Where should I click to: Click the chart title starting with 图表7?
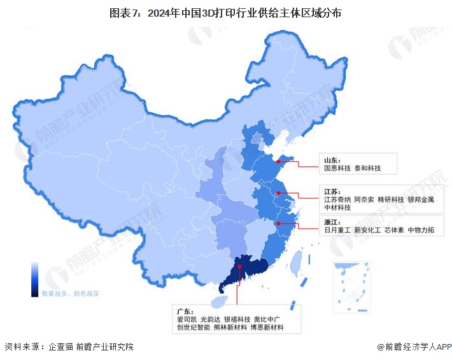click(x=225, y=12)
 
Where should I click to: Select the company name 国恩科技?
click(x=336, y=169)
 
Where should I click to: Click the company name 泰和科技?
click(x=369, y=169)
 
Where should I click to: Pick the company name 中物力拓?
click(x=421, y=229)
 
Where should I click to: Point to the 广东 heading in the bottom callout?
click(x=185, y=310)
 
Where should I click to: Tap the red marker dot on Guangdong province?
click(x=239, y=268)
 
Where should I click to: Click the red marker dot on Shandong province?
click(x=278, y=161)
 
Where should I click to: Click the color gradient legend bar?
click(x=35, y=278)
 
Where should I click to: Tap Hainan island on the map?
click(x=218, y=298)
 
